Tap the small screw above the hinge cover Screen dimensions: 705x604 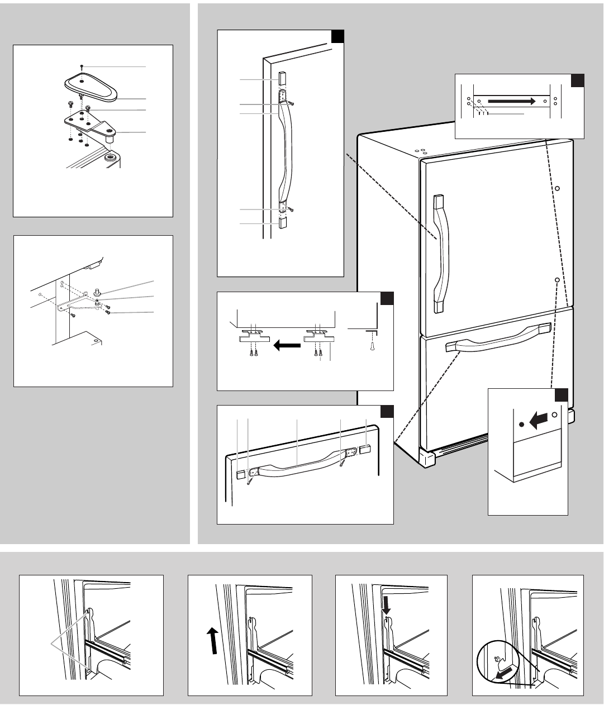[x=82, y=66]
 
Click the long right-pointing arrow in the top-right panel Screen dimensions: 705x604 [x=511, y=101]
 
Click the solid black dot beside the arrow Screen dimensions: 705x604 [x=521, y=425]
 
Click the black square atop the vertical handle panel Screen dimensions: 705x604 [x=337, y=36]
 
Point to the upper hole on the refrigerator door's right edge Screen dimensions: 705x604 [x=557, y=188]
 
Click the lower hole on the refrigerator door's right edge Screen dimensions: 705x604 [x=557, y=278]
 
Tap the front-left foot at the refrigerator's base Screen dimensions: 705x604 [x=427, y=459]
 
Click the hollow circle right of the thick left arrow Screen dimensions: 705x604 [x=554, y=416]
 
